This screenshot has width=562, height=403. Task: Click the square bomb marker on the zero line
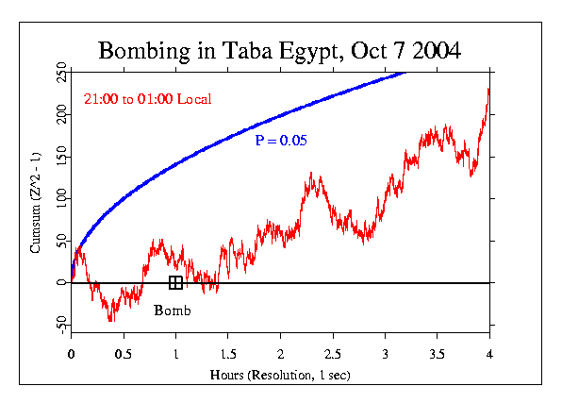(x=175, y=282)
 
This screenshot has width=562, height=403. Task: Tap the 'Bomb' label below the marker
(x=173, y=311)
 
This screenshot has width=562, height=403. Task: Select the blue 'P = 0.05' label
(x=281, y=141)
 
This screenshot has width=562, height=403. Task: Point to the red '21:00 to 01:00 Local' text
(x=147, y=99)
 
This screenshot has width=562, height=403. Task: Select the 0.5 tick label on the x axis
(x=124, y=355)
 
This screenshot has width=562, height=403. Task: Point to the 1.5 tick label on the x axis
(x=228, y=355)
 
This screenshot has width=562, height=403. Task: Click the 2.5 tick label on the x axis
(x=333, y=355)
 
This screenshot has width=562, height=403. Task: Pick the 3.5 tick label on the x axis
(x=438, y=355)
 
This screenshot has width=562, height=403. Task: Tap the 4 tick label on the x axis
(x=489, y=355)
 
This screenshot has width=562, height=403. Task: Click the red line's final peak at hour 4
(x=488, y=90)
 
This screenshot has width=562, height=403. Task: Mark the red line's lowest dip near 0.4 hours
(x=111, y=320)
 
